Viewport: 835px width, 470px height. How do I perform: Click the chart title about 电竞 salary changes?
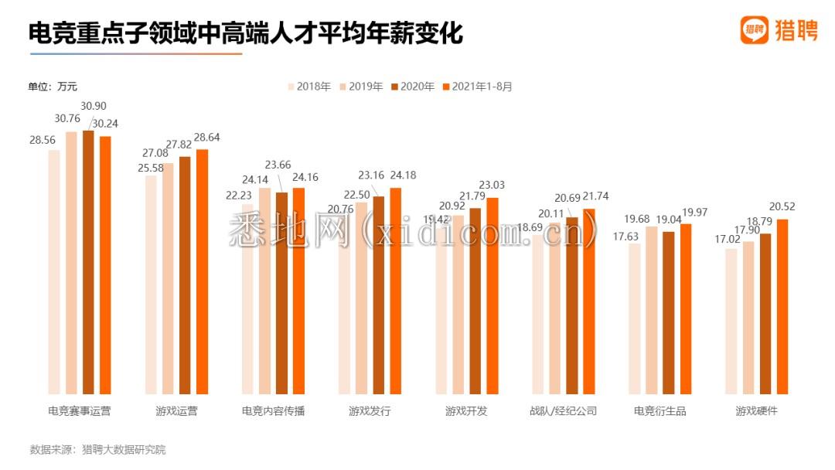[245, 32]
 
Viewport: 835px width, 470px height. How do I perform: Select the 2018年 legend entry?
[309, 87]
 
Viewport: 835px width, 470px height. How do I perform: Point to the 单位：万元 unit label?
[53, 87]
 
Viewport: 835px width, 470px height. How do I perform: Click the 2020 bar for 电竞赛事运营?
[88, 263]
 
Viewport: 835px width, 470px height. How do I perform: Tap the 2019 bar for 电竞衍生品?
[652, 310]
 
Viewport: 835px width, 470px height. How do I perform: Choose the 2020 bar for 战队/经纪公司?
[572, 305]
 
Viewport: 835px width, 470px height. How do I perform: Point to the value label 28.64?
[207, 137]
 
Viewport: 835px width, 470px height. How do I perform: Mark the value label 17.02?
[728, 239]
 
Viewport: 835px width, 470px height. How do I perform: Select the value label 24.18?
[402, 175]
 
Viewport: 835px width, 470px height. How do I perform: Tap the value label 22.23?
[239, 196]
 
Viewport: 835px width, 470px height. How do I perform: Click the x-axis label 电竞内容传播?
[273, 410]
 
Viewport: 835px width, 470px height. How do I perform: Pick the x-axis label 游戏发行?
[370, 410]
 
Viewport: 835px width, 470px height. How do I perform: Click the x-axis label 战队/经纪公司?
[563, 410]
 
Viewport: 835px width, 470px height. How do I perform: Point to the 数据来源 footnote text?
[97, 449]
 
